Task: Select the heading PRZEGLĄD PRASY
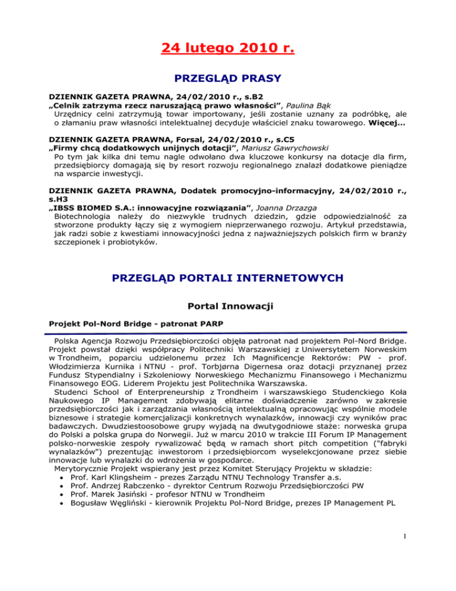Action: pos(228,77)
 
